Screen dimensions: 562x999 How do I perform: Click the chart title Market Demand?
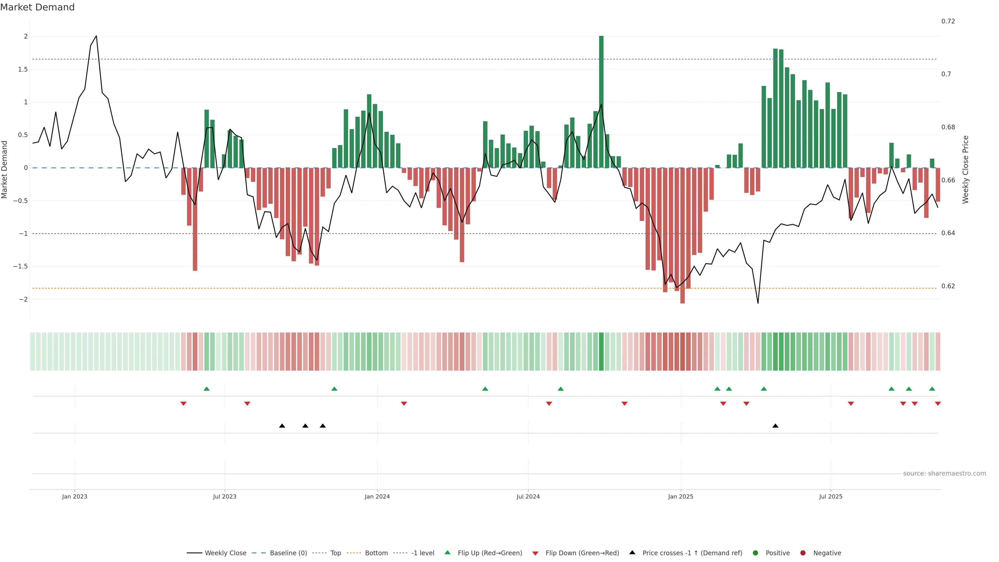point(37,7)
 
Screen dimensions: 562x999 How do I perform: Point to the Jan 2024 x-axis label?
point(377,496)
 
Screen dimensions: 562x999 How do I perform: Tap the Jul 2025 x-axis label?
point(830,496)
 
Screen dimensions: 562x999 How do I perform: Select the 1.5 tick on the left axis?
point(23,69)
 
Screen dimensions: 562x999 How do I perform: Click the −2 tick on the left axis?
point(23,299)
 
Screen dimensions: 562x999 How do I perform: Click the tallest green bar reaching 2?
point(601,101)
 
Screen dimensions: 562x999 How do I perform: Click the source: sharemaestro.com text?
point(944,474)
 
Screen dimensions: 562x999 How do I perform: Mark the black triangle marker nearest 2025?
point(775,426)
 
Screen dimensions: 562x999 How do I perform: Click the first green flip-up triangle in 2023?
point(207,389)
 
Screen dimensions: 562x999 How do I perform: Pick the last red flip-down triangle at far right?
point(938,404)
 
